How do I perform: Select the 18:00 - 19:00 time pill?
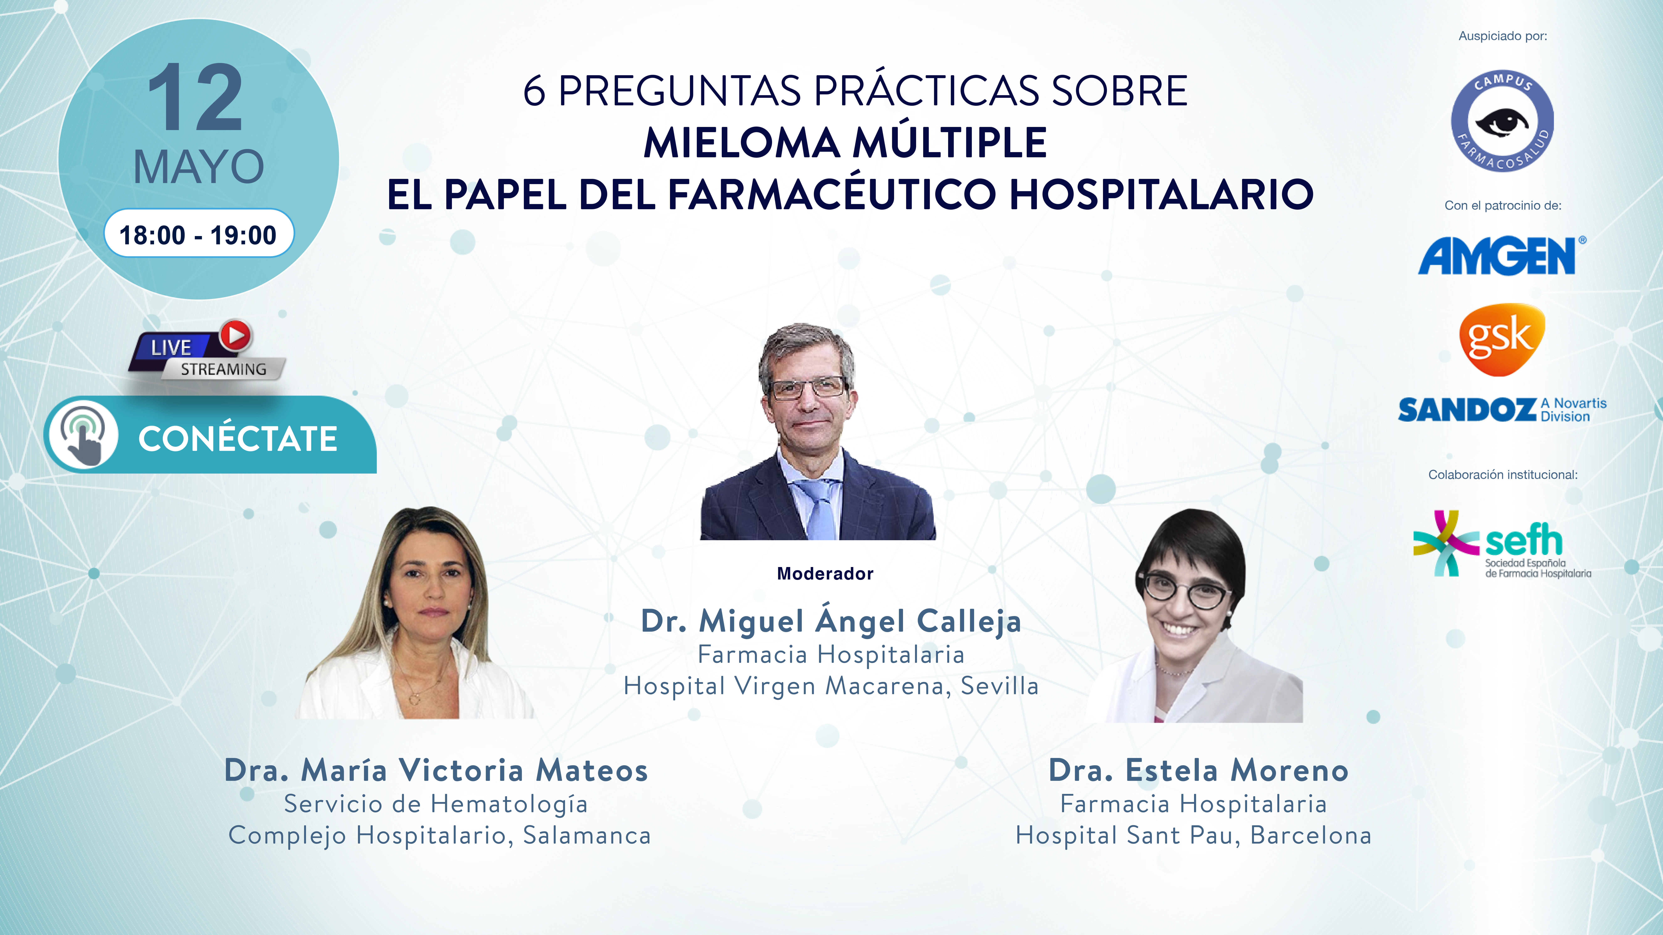(x=199, y=234)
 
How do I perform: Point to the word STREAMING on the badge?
(x=223, y=369)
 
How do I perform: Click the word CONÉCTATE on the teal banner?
(x=238, y=439)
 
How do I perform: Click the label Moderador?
(x=825, y=574)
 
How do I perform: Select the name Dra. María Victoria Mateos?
(x=436, y=770)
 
